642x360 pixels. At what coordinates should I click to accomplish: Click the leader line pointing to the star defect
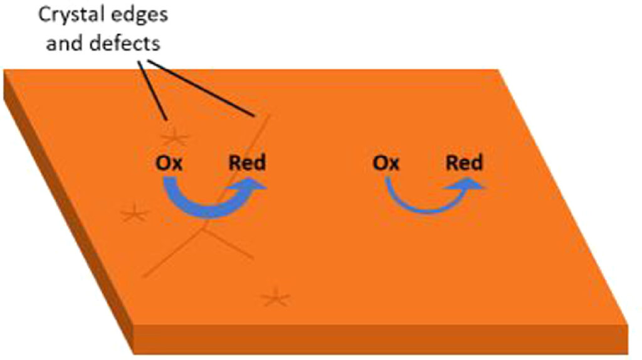(153, 90)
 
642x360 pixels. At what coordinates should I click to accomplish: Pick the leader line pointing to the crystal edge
(201, 88)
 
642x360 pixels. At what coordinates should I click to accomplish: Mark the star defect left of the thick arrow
(135, 213)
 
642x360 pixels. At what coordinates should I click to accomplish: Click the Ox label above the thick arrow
(169, 163)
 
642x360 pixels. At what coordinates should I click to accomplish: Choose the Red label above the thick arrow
(247, 162)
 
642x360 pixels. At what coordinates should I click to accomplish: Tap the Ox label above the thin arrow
(386, 163)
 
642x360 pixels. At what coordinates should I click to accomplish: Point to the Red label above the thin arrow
(465, 162)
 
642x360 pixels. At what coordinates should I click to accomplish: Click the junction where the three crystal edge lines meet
(203, 228)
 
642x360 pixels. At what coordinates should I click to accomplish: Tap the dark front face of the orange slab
(381, 339)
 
